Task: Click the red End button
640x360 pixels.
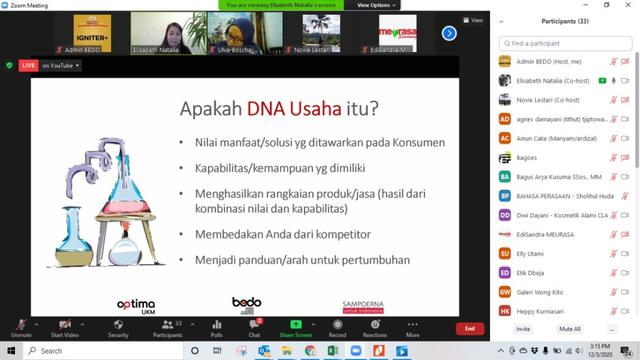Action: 469,328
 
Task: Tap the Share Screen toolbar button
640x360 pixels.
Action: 296,328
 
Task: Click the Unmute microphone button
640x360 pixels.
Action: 21,328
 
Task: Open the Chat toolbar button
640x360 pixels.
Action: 254,328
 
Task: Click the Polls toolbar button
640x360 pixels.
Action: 217,328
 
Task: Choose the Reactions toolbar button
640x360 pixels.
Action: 375,328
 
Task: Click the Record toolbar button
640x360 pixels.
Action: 337,328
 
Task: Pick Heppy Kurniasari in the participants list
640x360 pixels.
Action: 540,311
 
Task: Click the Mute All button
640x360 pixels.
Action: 570,328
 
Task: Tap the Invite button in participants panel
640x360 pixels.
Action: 523,328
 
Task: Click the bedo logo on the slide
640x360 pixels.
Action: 246,301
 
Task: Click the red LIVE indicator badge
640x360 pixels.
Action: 26,65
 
